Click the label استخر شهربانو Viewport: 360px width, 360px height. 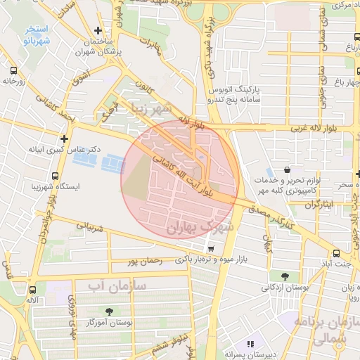[x=36, y=35]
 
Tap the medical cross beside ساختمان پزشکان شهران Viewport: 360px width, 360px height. [x=98, y=30]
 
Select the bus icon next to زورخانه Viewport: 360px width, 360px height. [x=13, y=70]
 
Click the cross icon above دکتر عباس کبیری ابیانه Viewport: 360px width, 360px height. [x=65, y=139]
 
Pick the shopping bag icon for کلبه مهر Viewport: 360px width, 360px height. [x=288, y=170]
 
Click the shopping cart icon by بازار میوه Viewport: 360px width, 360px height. [x=210, y=249]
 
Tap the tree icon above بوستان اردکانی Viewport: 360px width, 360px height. [x=284, y=276]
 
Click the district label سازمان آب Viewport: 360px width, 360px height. [x=117, y=285]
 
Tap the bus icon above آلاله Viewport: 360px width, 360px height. [x=32, y=289]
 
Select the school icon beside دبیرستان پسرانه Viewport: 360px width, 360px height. [x=250, y=344]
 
